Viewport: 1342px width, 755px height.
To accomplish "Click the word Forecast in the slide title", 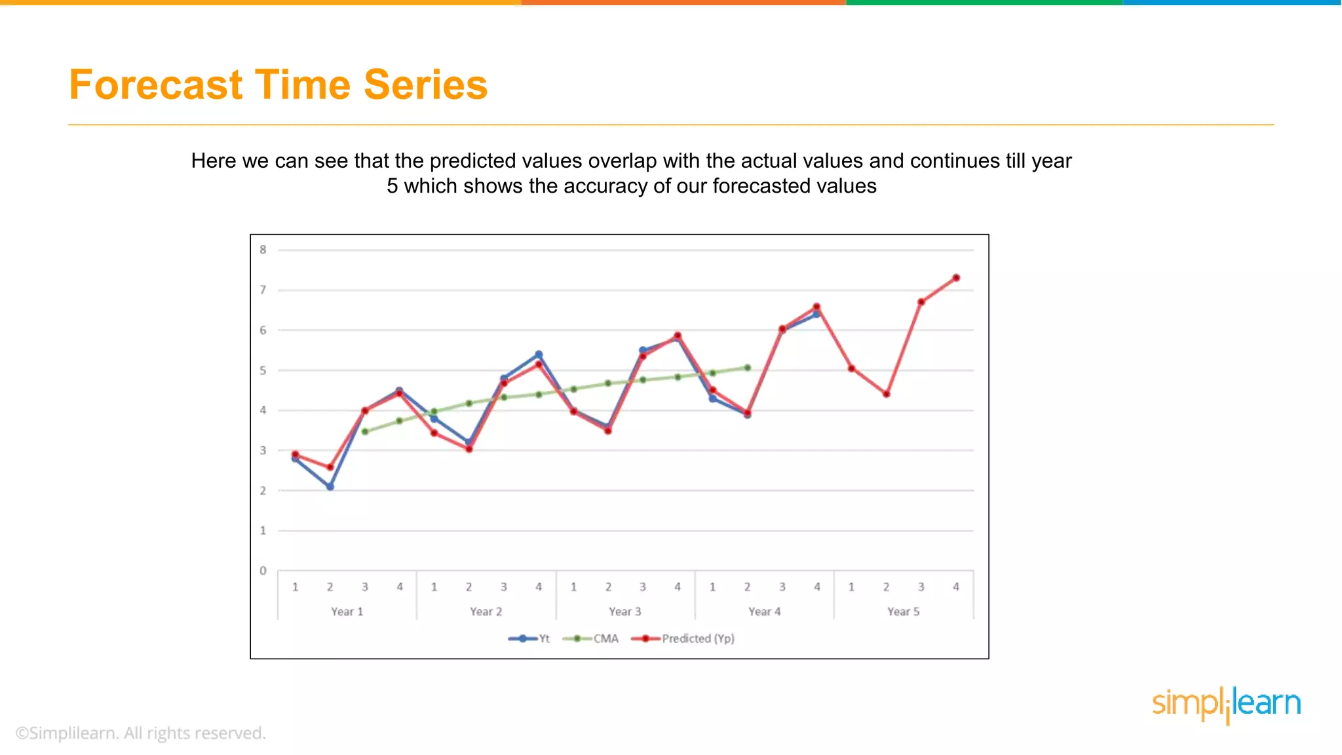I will pos(156,85).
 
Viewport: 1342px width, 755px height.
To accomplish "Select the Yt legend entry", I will pos(529,638).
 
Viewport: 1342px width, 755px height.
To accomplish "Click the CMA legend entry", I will pos(590,638).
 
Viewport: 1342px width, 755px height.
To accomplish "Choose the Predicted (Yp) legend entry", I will pos(683,638).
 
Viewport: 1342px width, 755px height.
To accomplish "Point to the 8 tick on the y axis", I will pos(263,250).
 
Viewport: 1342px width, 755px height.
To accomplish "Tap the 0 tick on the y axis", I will pos(263,571).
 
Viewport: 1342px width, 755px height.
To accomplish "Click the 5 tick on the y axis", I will pos(263,370).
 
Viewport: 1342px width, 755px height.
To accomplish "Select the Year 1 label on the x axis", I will pos(347,611).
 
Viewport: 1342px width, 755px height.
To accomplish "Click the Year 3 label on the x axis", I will pos(625,611).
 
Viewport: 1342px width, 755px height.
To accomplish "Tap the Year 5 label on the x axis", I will pos(904,611).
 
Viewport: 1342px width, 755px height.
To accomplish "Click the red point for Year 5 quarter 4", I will pos(956,278).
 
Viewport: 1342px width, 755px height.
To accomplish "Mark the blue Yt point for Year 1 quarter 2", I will pos(330,486).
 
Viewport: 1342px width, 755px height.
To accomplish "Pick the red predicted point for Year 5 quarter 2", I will pos(887,394).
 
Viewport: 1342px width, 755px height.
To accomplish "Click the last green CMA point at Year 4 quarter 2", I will pos(748,368).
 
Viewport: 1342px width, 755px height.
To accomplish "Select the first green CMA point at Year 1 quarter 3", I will pos(365,431).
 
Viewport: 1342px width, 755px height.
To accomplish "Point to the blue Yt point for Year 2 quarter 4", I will pos(539,355).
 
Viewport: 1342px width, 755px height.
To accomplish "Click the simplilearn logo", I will pos(1226,705).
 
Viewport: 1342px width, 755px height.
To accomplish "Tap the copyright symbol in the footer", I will pos(22,733).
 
